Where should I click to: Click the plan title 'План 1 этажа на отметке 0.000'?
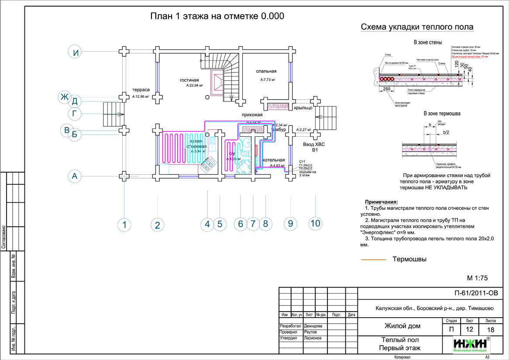coord(217,17)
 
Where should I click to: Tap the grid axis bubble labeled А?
coord(75,177)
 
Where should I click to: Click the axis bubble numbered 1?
coord(124,225)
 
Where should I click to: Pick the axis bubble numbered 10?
coord(315,224)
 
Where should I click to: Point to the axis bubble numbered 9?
coord(290,224)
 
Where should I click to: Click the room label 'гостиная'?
coord(189,80)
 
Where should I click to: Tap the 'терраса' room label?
coord(141,89)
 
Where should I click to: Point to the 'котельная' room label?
coord(274,160)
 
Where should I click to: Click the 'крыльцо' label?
coord(302,107)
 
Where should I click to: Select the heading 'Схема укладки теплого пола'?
coord(417,28)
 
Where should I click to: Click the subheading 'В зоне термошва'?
coord(442,114)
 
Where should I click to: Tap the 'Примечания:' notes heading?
coord(381,202)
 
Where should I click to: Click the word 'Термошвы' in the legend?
coord(409,260)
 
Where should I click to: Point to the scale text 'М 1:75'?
coord(477,278)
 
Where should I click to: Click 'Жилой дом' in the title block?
coord(402,326)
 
